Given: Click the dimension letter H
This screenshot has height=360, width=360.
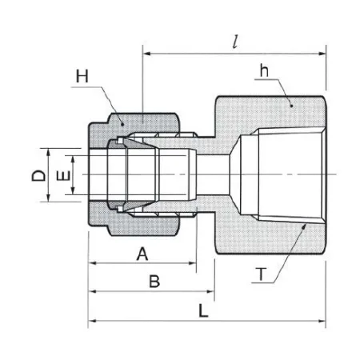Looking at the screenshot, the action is [x=82, y=76].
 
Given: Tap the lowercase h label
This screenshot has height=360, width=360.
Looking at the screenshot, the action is [x=264, y=70].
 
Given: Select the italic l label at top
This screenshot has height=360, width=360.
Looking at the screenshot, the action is [x=235, y=42].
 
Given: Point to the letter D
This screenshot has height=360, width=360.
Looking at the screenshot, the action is [x=39, y=175].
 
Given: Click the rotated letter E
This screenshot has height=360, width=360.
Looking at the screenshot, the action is [x=64, y=176].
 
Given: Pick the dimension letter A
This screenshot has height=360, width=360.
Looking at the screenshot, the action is [x=142, y=254].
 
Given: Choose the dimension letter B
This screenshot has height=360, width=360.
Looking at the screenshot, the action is [x=154, y=281].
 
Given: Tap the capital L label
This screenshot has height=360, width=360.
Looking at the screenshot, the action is [x=203, y=310].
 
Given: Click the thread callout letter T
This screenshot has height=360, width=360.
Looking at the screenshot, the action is [x=261, y=274].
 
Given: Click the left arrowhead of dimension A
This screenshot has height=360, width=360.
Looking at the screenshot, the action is [x=92, y=263].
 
